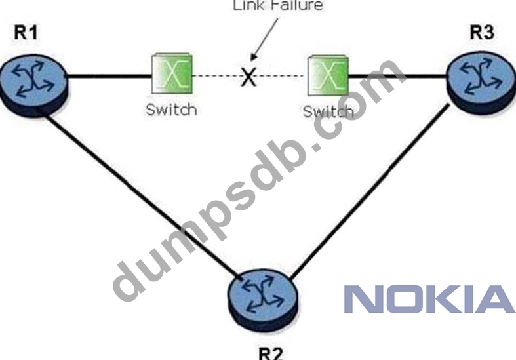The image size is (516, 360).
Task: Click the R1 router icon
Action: point(33,81)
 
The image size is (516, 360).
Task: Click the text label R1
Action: point(26,34)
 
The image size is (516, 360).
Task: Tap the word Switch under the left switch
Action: point(171,109)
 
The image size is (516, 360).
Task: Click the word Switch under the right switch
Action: point(327,111)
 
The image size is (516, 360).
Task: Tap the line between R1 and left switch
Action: point(108,76)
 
